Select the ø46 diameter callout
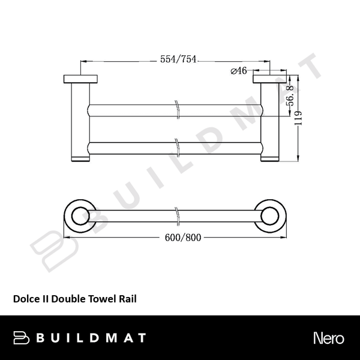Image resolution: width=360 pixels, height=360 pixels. pyautogui.click(x=239, y=71)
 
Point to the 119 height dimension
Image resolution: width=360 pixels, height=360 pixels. pyautogui.click(x=305, y=118)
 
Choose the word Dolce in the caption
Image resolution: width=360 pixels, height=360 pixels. pyautogui.click(x=25, y=297)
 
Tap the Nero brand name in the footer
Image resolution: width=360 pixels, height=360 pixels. pyautogui.click(x=328, y=337)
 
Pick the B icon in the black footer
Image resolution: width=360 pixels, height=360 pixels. pyautogui.click(x=22, y=337)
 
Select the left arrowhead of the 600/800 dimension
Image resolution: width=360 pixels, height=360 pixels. pyautogui.click(x=66, y=237)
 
